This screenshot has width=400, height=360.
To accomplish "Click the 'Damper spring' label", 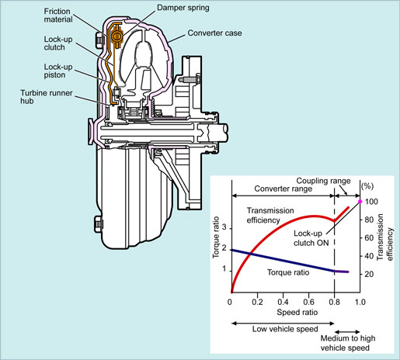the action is [x=183, y=8].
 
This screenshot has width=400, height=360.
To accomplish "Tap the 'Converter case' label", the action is [x=214, y=33].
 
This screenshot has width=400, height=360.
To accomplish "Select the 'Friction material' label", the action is [x=58, y=16].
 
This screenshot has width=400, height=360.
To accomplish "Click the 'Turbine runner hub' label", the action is [x=47, y=97].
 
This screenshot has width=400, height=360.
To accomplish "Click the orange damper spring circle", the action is [x=117, y=36].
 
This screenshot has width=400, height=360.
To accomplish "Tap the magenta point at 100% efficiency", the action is [x=360, y=202].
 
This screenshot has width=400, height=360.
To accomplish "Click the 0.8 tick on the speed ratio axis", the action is [x=335, y=302].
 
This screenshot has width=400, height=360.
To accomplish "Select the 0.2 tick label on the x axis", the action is [x=257, y=302].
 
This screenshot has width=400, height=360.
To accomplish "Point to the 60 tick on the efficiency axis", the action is [x=369, y=237].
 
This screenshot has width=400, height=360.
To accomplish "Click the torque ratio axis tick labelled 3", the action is [x=224, y=227].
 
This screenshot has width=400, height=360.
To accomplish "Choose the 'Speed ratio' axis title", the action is [x=297, y=312].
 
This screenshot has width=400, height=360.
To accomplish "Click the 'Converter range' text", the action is [x=283, y=189].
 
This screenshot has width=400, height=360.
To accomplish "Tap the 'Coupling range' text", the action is [x=323, y=181].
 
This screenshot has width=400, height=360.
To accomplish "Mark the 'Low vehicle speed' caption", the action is [x=285, y=329].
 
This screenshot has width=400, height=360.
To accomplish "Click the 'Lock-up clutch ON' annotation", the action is [x=311, y=238].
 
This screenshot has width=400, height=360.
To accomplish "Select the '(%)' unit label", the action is [x=367, y=186].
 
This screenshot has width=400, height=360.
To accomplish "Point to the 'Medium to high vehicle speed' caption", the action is [x=348, y=343].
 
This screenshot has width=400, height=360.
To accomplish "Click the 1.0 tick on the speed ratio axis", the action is [x=360, y=302].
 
